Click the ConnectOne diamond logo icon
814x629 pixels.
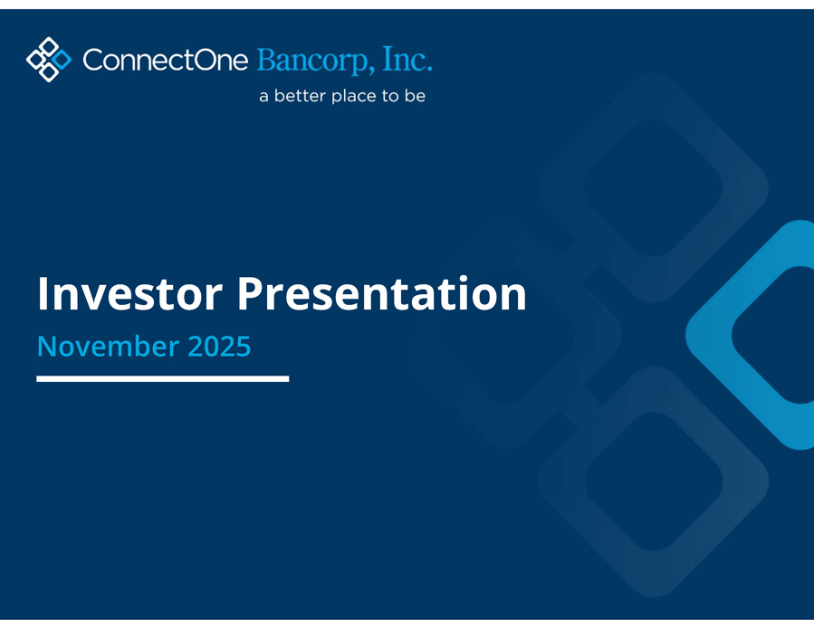[49, 59]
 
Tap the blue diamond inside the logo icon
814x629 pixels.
[62, 59]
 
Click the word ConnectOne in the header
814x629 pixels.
[166, 60]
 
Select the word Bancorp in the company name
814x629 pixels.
[316, 61]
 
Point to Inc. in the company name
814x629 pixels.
[407, 59]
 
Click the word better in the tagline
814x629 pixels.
[300, 96]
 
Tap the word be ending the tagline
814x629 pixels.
[416, 96]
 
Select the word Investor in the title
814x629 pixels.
[130, 294]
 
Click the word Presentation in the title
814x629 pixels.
[381, 294]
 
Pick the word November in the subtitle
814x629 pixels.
[108, 346]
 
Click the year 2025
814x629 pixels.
[219, 346]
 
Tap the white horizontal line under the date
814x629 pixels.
[162, 379]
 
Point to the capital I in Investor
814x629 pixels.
[42, 294]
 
